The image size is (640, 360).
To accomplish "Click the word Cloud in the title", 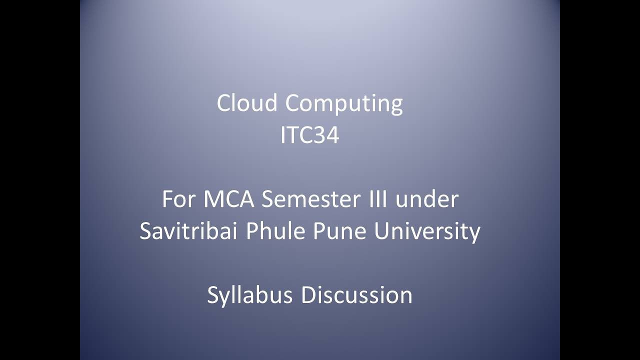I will pyautogui.click(x=246, y=103).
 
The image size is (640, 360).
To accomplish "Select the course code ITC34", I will pyautogui.click(x=309, y=135).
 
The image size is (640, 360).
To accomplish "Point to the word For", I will pyautogui.click(x=179, y=199).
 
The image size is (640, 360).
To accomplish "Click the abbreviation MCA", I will pyautogui.click(x=229, y=199).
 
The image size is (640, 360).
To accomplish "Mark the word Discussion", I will pyautogui.click(x=356, y=295).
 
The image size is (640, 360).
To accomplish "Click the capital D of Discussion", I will pyautogui.click(x=308, y=295).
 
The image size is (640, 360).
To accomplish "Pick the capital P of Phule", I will pyautogui.click(x=250, y=231).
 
